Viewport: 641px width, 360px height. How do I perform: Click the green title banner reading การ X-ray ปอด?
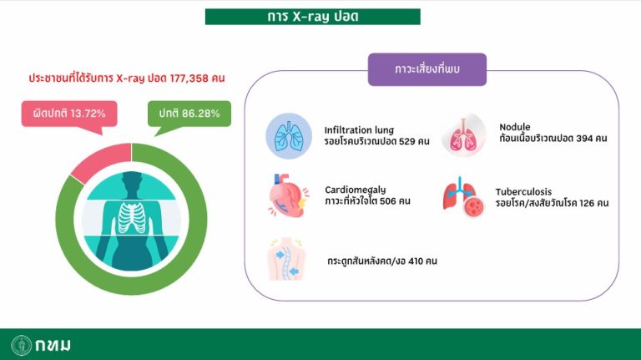tap(313, 17)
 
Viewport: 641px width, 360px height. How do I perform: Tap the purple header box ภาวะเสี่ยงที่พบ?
tap(427, 69)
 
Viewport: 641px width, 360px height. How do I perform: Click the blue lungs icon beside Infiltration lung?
tap(289, 136)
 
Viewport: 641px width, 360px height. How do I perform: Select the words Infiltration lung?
tap(359, 130)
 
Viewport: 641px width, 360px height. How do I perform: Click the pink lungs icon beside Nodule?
tap(463, 135)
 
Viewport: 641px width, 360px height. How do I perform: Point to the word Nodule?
tap(515, 127)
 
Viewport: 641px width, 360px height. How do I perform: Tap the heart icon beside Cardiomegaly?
tap(288, 195)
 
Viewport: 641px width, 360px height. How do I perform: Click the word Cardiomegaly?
tap(356, 190)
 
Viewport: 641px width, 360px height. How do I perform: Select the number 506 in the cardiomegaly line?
tap(387, 201)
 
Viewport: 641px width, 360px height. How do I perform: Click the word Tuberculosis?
tap(523, 191)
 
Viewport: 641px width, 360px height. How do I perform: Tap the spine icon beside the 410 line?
tap(287, 259)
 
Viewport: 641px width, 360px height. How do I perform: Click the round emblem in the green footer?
tap(21, 345)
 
